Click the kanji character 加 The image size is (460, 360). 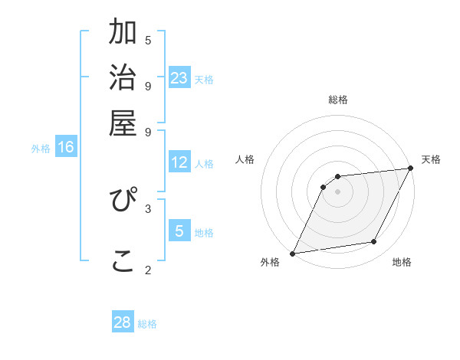pyautogui.click(x=123, y=34)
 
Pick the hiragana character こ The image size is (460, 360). pyautogui.click(x=123, y=260)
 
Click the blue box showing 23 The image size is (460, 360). pyautogui.click(x=179, y=78)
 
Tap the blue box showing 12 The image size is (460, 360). pyautogui.click(x=179, y=162)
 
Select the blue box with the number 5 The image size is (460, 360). pyautogui.click(x=179, y=231)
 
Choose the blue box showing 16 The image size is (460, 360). pyautogui.click(x=66, y=147)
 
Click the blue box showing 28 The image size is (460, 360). pyautogui.click(x=123, y=322)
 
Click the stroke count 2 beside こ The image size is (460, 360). pyautogui.click(x=148, y=270)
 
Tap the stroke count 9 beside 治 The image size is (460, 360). pyautogui.click(x=148, y=86)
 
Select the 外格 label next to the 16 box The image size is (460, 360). pyautogui.click(x=41, y=149)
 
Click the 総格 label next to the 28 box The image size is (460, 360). pyautogui.click(x=147, y=324)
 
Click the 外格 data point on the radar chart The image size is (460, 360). pyautogui.click(x=292, y=254)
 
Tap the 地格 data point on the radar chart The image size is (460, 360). pyautogui.click(x=374, y=242)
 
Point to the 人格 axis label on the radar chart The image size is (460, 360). pyautogui.click(x=245, y=159)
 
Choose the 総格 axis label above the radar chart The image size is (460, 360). pyautogui.click(x=337, y=100)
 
